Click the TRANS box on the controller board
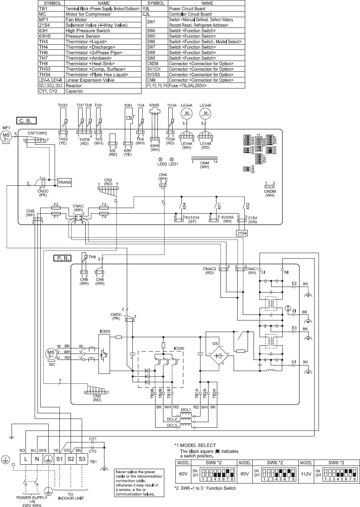[65, 182]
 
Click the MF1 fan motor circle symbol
[6, 136]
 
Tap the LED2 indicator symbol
[159, 159]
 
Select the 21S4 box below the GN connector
[242, 233]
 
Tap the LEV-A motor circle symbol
[186, 114]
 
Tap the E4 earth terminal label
[294, 362]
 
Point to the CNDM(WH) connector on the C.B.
[270, 186]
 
